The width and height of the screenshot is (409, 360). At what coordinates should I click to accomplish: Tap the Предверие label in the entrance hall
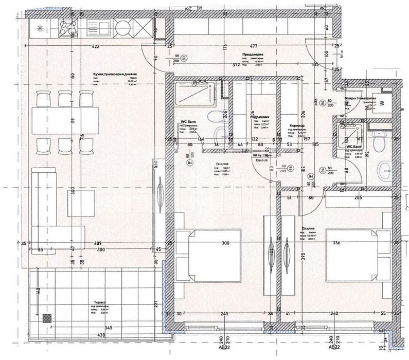pos(252,53)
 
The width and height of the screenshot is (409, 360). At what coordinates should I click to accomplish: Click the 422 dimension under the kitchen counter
pos(96,46)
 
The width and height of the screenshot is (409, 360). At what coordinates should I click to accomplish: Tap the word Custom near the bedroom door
pos(262,160)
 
